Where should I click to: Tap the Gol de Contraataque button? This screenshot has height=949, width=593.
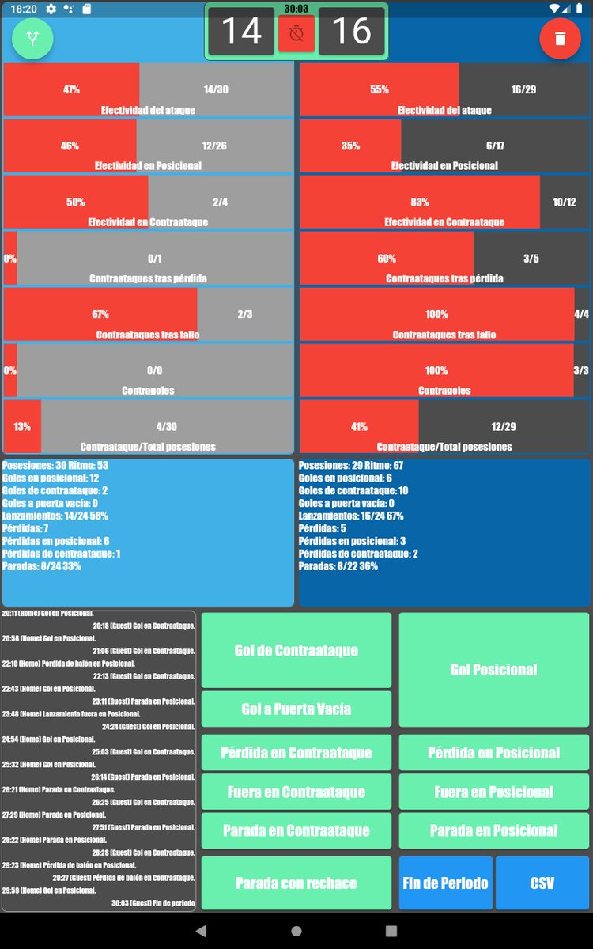[x=296, y=650]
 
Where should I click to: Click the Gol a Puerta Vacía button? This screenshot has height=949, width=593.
[x=296, y=709]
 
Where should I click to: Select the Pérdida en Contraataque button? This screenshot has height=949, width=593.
[x=296, y=752]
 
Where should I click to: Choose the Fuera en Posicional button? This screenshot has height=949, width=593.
[x=494, y=791]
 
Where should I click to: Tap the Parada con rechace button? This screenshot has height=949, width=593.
[x=296, y=883]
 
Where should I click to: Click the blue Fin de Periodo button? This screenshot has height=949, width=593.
[x=445, y=883]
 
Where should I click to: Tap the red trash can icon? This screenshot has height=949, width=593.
[x=560, y=38]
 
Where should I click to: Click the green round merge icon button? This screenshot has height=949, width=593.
[x=32, y=38]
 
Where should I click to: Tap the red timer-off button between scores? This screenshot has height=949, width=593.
[x=296, y=34]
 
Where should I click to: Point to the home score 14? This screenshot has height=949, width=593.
[x=241, y=32]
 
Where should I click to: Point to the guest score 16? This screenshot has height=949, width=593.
[x=351, y=32]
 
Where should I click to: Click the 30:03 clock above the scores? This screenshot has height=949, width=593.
[x=296, y=9]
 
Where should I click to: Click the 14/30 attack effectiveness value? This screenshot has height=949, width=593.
[x=215, y=89]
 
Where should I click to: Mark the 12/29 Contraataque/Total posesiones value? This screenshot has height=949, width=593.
[x=503, y=427]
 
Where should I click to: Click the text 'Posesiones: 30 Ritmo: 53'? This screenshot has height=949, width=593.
[x=55, y=466]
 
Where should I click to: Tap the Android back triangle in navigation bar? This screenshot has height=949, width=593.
[x=201, y=931]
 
